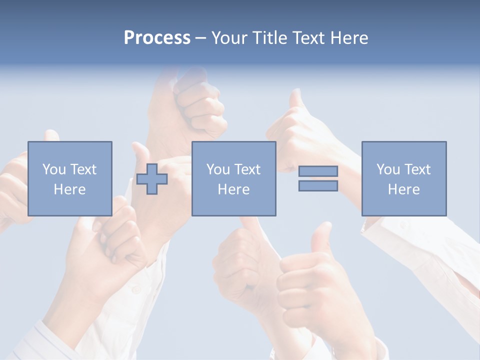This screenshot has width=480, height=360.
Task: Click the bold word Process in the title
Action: tap(157, 38)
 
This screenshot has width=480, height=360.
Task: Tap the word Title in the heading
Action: tap(269, 38)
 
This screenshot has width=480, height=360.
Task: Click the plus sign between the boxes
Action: tap(152, 179)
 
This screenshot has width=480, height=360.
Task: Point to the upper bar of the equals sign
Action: tap(318, 171)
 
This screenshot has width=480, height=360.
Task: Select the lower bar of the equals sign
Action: tap(318, 186)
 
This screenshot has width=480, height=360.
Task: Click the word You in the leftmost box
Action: tap(54, 169)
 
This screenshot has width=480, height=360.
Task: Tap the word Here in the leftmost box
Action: tap(69, 189)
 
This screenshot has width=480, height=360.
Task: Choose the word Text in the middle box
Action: tap(246, 169)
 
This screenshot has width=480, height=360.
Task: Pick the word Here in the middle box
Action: tap(233, 189)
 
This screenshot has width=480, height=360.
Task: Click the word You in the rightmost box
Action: tap(388, 169)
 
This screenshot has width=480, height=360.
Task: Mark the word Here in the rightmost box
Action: tap(403, 189)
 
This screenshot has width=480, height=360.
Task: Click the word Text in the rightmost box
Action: tap(416, 169)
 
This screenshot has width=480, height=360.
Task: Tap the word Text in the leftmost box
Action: tap(82, 169)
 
